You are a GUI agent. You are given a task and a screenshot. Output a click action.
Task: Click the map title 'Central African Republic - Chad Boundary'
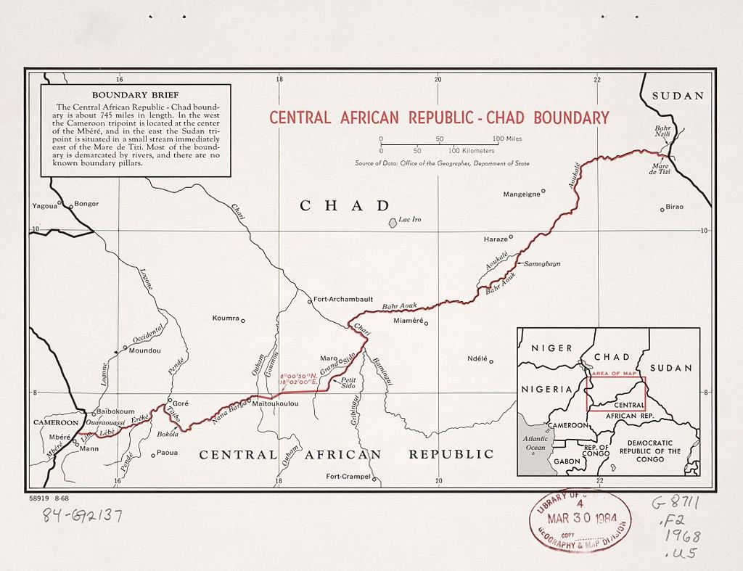coord(439,118)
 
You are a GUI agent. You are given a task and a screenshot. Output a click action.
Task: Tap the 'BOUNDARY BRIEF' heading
coord(136,95)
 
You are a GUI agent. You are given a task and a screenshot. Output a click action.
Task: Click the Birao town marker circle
coord(662,209)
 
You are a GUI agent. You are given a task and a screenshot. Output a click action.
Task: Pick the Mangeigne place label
coord(522,194)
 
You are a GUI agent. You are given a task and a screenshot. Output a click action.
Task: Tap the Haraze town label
coord(496,239)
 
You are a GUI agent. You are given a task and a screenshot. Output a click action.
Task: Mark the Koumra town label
coord(225,319)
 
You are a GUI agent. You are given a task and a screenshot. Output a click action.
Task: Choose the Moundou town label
coord(144,350)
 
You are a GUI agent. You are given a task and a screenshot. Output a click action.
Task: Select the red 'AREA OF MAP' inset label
coord(615,373)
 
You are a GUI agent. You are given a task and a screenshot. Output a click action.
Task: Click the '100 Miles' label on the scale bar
coord(507,138)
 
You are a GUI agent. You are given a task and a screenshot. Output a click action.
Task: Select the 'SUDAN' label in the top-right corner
coord(678,96)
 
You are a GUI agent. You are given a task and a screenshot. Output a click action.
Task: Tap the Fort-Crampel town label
coord(348,477)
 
